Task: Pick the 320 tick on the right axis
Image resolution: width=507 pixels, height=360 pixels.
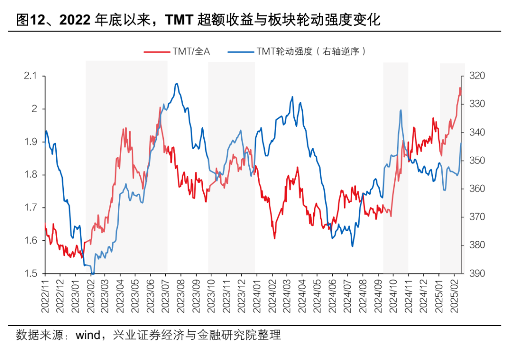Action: coord(475,76)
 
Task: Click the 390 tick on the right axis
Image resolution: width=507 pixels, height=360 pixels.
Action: coord(475,274)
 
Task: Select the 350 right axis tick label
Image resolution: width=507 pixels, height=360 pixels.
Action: coord(475,161)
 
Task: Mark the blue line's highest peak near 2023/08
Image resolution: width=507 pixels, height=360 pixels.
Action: coord(177,84)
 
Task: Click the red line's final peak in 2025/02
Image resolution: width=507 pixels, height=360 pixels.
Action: coord(460,88)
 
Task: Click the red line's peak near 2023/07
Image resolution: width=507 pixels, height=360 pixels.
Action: coord(160,107)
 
